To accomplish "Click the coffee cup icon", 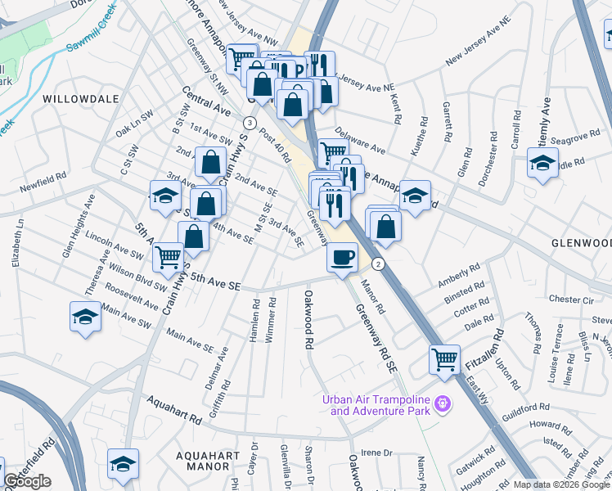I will point(342,256).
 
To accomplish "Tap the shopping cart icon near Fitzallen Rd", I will point(444,358).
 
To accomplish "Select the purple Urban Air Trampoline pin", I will point(443,403).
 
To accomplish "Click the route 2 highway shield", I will point(377,264).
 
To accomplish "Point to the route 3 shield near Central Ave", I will point(247,122).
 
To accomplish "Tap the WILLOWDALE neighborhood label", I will point(81,99).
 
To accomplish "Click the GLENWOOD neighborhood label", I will point(581,243).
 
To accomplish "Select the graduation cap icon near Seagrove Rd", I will point(542,162).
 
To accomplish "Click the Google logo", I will point(28,481).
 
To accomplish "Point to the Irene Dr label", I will point(376,453).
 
